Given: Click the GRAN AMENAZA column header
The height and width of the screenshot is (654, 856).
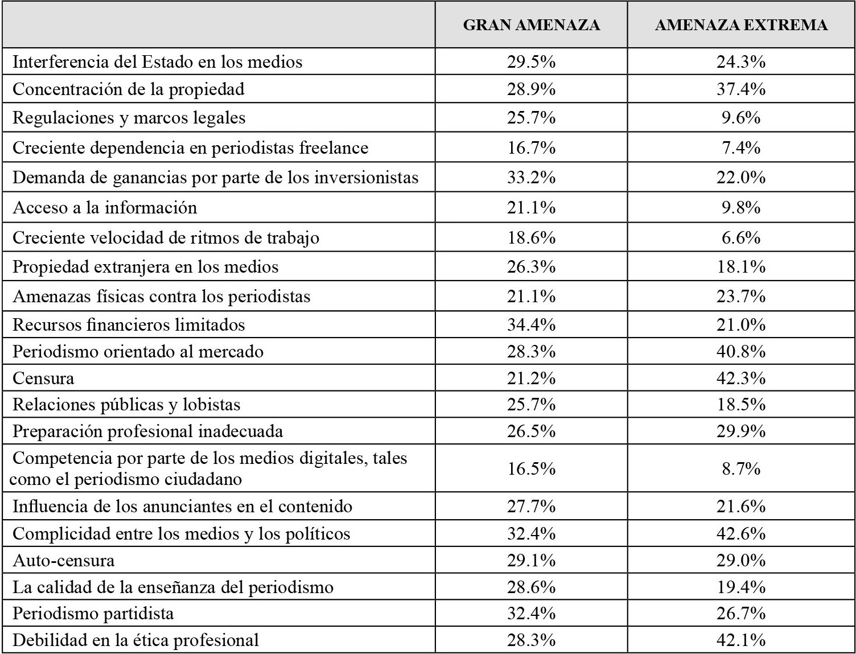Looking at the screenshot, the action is coord(531,25).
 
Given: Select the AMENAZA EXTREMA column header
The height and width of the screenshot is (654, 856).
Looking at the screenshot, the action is coord(741,25).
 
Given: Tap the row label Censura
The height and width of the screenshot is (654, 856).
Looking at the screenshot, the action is coord(43,378).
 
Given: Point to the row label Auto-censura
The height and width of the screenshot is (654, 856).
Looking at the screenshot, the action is coord(64,561).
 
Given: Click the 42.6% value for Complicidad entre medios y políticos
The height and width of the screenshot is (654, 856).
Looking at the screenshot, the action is coord(741,533).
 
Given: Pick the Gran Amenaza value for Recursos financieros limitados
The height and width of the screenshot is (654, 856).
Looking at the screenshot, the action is coord(531,324).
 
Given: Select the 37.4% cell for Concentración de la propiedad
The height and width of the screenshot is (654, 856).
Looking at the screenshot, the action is coord(741,89).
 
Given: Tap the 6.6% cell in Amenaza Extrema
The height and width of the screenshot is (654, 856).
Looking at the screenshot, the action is coord(741,237).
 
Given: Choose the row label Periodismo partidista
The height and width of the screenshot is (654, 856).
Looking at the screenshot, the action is coord(93,614).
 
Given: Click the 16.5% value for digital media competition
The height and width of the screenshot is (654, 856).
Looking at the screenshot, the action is coord(531,468).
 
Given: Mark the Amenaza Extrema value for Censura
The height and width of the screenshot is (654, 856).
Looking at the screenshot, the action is coord(741,378).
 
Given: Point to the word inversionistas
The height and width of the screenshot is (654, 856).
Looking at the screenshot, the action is coord(366,178).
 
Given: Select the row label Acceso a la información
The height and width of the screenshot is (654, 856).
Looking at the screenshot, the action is coord(105,207).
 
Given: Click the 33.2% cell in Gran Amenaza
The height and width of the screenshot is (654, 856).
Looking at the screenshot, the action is coord(531,178).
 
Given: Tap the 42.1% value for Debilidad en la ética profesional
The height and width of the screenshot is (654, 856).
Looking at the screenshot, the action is coord(741,640).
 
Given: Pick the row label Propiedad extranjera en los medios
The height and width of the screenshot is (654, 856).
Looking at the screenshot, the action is coord(146,267).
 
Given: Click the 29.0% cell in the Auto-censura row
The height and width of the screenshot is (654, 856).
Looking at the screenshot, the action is coord(741,561).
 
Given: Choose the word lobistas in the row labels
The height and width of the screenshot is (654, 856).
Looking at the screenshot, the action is coord(212,405).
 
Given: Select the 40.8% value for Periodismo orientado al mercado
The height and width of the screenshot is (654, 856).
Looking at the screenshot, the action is coord(741,351).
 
